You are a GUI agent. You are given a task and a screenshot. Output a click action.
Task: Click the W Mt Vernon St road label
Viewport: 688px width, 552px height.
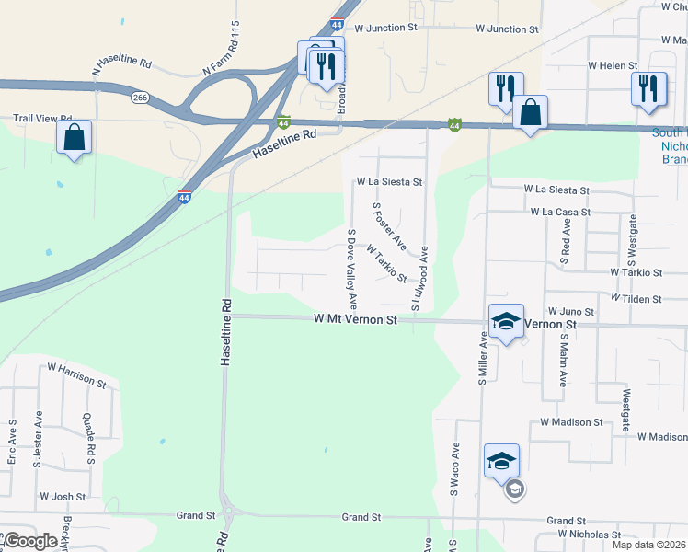[x=354, y=319]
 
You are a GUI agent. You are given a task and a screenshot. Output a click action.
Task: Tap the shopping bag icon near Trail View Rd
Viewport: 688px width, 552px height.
[x=74, y=138]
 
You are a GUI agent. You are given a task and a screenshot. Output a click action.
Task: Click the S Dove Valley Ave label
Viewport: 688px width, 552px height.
[x=351, y=269]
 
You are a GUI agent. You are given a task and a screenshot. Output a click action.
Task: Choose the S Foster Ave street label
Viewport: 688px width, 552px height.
[x=389, y=226]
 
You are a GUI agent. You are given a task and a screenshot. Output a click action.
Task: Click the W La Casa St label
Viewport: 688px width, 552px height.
[x=560, y=212]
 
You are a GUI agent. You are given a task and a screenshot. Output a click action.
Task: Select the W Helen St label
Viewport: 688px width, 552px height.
[x=613, y=65]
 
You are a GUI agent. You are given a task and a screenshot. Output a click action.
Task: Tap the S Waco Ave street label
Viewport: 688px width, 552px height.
[x=454, y=469]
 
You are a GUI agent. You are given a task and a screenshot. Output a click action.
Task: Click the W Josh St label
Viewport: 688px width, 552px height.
[x=63, y=497]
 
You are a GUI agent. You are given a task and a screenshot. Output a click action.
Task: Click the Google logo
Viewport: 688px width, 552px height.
[x=30, y=542]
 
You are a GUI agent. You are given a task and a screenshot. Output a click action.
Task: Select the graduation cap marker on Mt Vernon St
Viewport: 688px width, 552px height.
[x=506, y=322]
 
